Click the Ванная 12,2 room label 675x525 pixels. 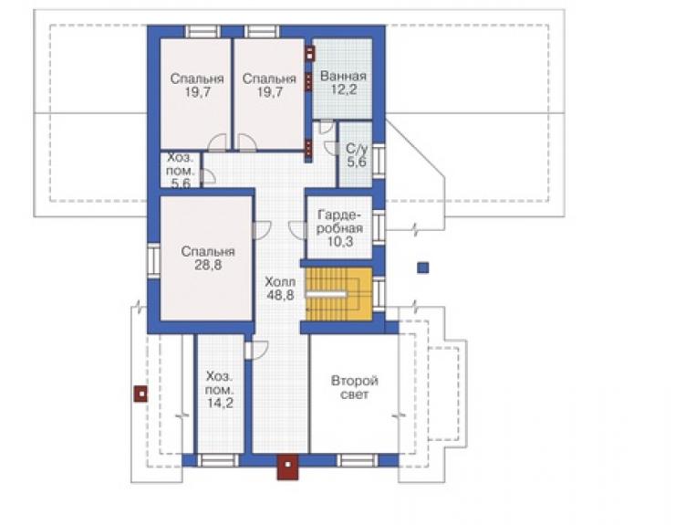343,83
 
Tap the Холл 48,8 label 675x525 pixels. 280,289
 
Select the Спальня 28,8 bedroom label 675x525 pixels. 208,257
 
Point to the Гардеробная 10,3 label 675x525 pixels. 339,228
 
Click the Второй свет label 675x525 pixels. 355,387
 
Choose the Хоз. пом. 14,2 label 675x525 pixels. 220,390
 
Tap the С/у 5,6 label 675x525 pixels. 357,155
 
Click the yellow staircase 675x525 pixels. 338,294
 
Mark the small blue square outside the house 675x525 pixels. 423,268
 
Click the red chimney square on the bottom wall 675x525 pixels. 287,467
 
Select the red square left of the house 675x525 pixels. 140,394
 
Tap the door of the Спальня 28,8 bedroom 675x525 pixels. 261,230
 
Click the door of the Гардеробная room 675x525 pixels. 297,230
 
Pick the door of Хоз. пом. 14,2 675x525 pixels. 255,350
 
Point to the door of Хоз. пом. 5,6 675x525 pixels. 207,176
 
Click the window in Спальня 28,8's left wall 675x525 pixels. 153,260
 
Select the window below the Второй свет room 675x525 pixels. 357,460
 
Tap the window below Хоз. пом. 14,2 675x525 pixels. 218,460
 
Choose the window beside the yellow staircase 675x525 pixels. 379,294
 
